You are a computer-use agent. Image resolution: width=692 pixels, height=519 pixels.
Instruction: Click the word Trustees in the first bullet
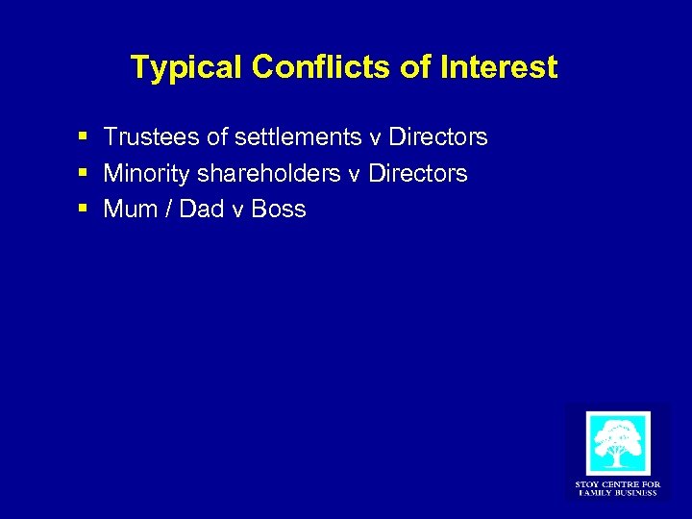pos(145,138)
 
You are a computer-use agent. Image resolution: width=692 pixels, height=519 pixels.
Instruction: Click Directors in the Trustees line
pos(437,138)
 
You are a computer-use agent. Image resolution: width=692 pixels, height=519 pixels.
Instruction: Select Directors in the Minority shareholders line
pos(418,174)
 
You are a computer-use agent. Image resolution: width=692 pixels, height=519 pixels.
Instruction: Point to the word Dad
pos(201,210)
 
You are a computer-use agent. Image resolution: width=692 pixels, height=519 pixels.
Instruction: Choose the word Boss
pos(279,210)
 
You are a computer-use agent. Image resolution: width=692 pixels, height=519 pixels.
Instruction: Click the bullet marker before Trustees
pos(86,138)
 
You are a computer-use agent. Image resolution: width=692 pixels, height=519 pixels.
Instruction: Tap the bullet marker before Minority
pos(86,174)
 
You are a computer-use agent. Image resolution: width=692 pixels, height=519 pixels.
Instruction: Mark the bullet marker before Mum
pos(86,210)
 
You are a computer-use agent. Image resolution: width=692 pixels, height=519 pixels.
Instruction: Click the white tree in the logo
pos(618,443)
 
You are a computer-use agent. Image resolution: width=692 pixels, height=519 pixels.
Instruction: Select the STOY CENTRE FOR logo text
pos(618,484)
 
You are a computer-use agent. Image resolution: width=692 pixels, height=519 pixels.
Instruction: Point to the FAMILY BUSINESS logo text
pos(618,493)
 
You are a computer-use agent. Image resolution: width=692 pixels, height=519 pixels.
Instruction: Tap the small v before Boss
pos(237,211)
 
